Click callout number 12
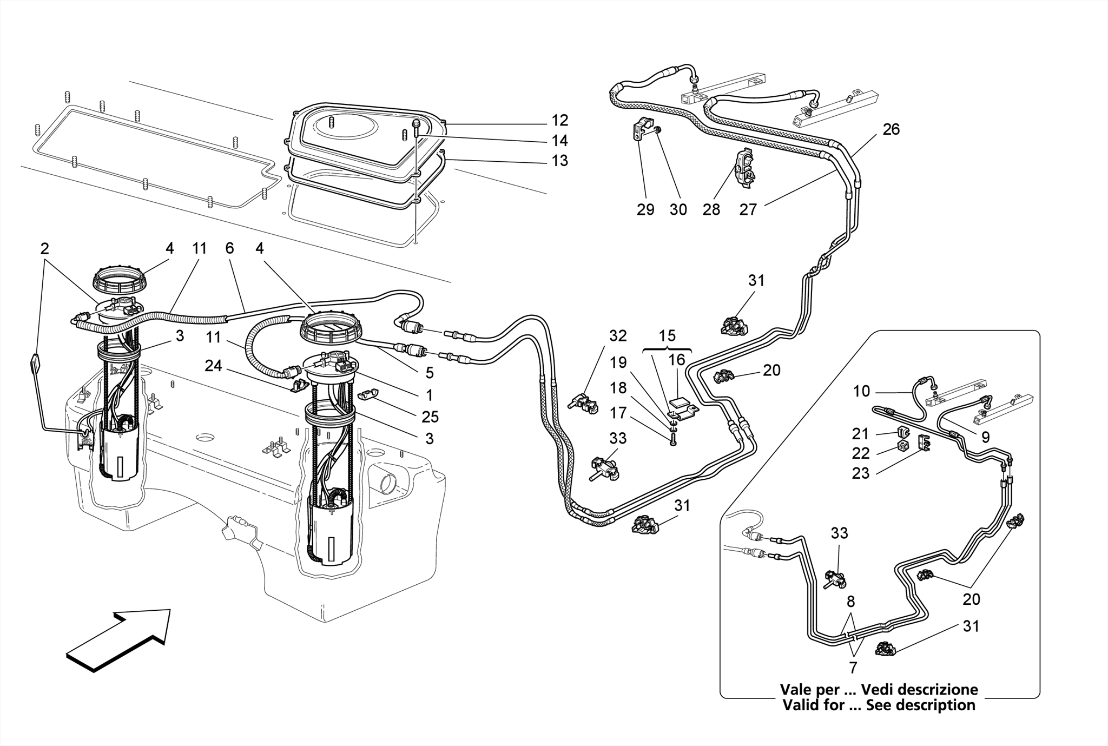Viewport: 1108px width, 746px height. point(559,120)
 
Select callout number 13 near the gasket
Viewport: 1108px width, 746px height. point(559,161)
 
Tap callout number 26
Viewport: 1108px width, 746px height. point(891,129)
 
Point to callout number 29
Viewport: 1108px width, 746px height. point(645,210)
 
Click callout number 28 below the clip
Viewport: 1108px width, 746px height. point(711,210)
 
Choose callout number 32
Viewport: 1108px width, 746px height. point(618,336)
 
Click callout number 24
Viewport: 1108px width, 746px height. point(213,366)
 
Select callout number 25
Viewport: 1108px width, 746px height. point(431,417)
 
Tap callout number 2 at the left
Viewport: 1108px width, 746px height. point(44,249)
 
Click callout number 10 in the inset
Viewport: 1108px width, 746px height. point(861,391)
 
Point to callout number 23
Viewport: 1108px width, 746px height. point(860,473)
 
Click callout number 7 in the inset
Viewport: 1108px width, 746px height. point(853,668)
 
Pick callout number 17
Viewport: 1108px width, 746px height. point(618,413)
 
